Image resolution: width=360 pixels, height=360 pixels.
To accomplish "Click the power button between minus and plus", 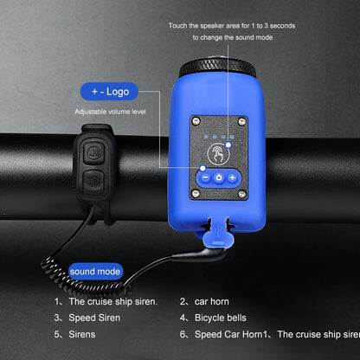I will pos(218,177).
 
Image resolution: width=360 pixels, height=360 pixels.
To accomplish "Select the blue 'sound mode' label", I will pos(96,272).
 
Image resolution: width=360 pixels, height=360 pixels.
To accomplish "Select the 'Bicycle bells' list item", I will pos(222,318).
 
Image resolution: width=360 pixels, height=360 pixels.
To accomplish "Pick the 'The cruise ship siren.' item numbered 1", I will pos(112,301).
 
